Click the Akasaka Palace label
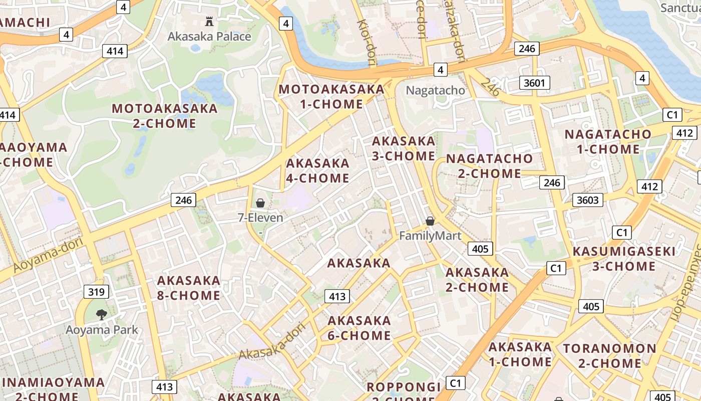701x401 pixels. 209,37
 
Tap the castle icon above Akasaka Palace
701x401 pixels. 209,21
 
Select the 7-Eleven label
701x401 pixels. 260,218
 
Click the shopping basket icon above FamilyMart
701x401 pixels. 430,221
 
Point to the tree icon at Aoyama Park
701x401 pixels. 102,315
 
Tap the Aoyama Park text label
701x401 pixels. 102,330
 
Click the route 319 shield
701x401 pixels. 96,292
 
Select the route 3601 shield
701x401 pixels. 534,83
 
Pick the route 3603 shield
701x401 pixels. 588,200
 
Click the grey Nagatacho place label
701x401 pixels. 435,91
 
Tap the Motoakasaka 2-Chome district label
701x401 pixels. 165,116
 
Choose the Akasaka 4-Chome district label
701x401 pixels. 317,170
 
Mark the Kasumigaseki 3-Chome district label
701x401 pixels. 624,259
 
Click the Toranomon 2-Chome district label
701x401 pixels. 610,356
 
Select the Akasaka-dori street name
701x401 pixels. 272,341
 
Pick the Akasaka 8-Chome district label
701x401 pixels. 189,288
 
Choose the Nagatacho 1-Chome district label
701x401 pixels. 608,142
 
